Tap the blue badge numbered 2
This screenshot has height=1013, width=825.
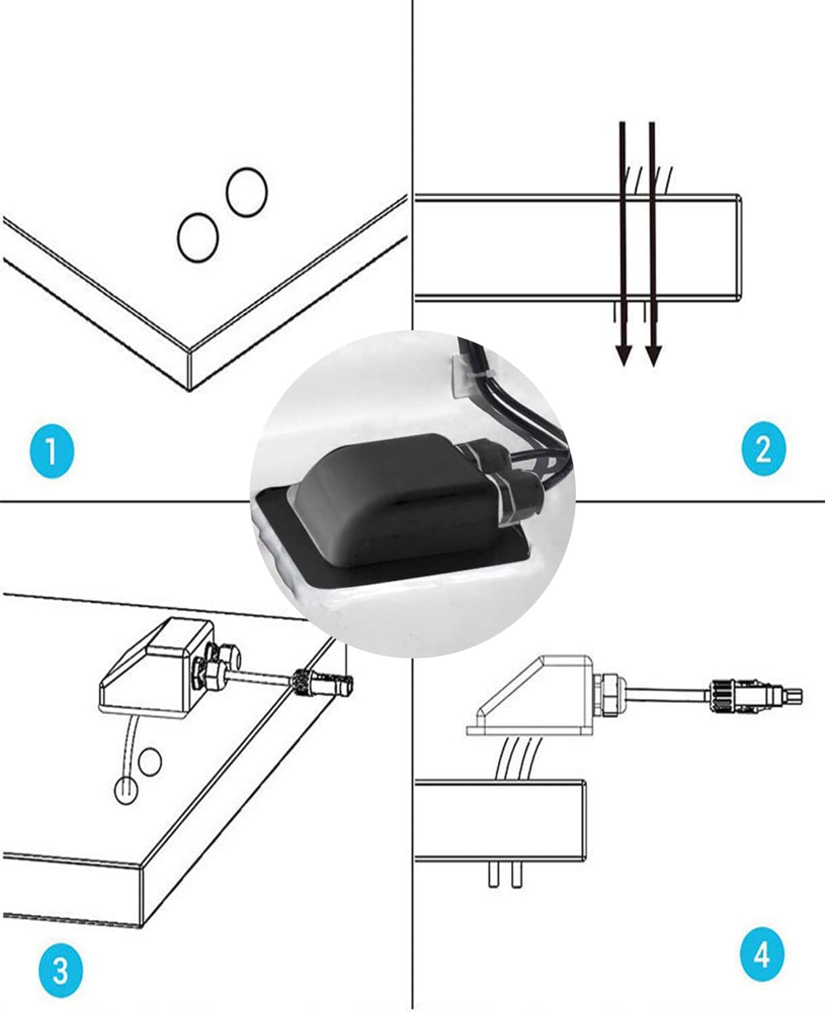pos(763,449)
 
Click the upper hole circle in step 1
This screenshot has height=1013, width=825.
pos(247,192)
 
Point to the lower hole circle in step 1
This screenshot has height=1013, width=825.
pos(198,237)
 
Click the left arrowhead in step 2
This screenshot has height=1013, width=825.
pos(623,354)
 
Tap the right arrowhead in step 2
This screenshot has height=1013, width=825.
pos(652,354)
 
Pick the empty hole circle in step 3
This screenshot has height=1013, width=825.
pos(150,761)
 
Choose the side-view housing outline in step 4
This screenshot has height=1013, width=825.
pos(528,697)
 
